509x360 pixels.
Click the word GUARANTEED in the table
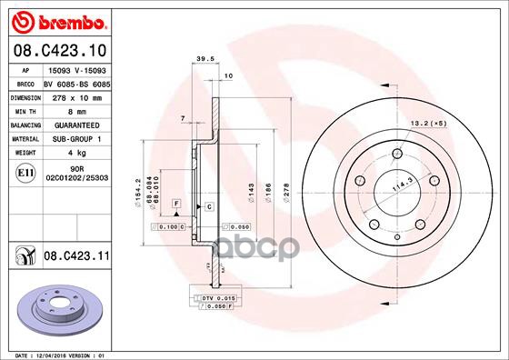[70, 123]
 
